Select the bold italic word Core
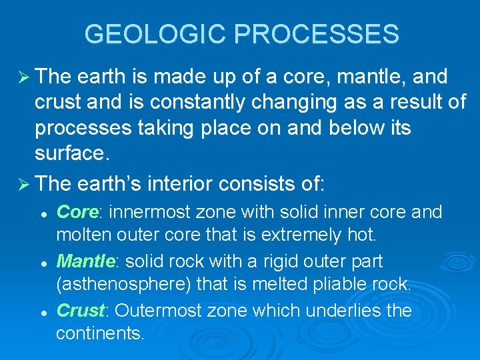tap(77, 212)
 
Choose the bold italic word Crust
tap(81, 311)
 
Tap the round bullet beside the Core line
tap(43, 213)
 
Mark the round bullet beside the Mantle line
tap(43, 263)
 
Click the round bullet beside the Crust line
tap(43, 312)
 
